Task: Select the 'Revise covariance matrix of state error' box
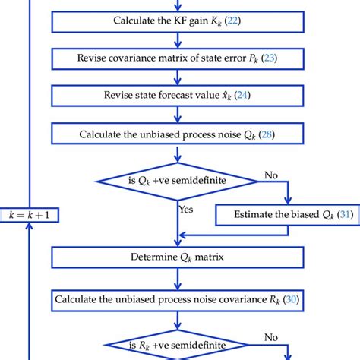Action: pos(176,58)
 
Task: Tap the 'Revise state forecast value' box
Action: pos(176,96)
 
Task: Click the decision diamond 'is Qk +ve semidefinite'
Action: pos(176,181)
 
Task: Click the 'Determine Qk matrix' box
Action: pos(176,257)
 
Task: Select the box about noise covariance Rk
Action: pos(176,299)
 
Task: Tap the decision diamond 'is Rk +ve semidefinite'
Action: pos(176,342)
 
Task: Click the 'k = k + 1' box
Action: pos(29,215)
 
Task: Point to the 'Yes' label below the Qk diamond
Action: pos(185,207)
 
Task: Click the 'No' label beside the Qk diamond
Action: pos(270,175)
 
